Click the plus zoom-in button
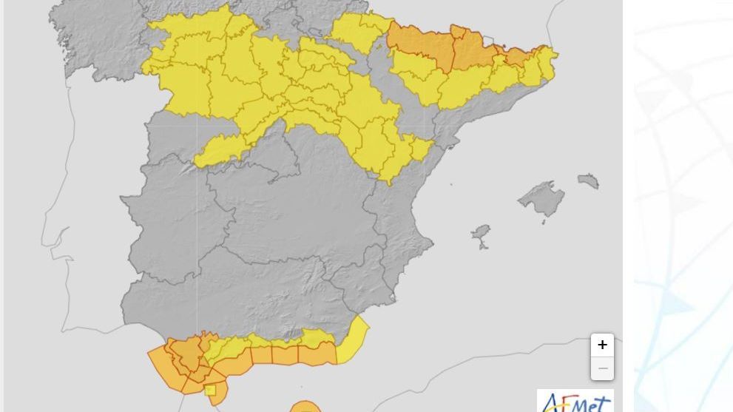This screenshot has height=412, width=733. pyautogui.click(x=602, y=345)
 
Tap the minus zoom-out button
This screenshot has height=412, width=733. pyautogui.click(x=602, y=368)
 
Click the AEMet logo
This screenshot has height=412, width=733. pyautogui.click(x=575, y=402)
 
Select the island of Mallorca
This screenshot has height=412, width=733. pyautogui.click(x=542, y=199)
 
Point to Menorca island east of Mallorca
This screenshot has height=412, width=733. pyautogui.click(x=588, y=180)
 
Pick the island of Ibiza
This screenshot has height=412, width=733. pyautogui.click(x=482, y=236)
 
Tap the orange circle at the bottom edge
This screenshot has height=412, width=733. pyautogui.click(x=305, y=407)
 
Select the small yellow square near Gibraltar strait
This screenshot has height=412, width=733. pyautogui.click(x=210, y=390)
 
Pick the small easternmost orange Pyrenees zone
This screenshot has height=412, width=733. pyautogui.click(x=518, y=56)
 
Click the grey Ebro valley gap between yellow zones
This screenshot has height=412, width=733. pyautogui.click(x=385, y=81)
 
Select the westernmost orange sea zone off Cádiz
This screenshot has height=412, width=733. pyautogui.click(x=166, y=367)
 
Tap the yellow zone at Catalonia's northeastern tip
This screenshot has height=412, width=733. pyautogui.click(x=547, y=62)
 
